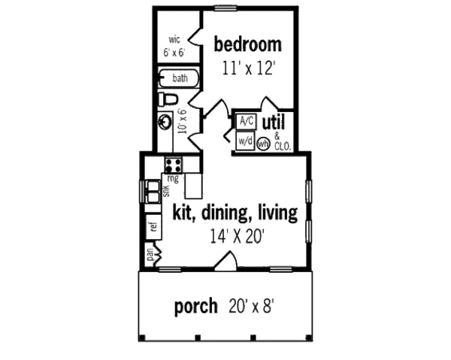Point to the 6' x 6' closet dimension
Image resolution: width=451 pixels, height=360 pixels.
pyautogui.click(x=174, y=53)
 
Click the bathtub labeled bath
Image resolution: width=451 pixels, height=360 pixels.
pyautogui.click(x=178, y=78)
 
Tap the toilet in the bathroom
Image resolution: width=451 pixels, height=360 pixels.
pyautogui.click(x=170, y=98)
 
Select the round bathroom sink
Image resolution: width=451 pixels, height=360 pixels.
pyautogui.click(x=166, y=119)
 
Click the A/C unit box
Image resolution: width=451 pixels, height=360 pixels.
pyautogui.click(x=246, y=121)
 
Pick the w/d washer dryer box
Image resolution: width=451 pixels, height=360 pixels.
pyautogui.click(x=245, y=141)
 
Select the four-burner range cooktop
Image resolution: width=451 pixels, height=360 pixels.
pyautogui.click(x=173, y=165)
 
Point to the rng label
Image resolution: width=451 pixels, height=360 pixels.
pyautogui.click(x=174, y=179)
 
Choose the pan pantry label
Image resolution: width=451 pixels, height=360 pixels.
pyautogui.click(x=151, y=254)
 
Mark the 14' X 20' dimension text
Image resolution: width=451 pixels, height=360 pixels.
pyautogui.click(x=235, y=236)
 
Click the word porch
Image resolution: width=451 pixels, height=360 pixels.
pyautogui.click(x=197, y=307)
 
